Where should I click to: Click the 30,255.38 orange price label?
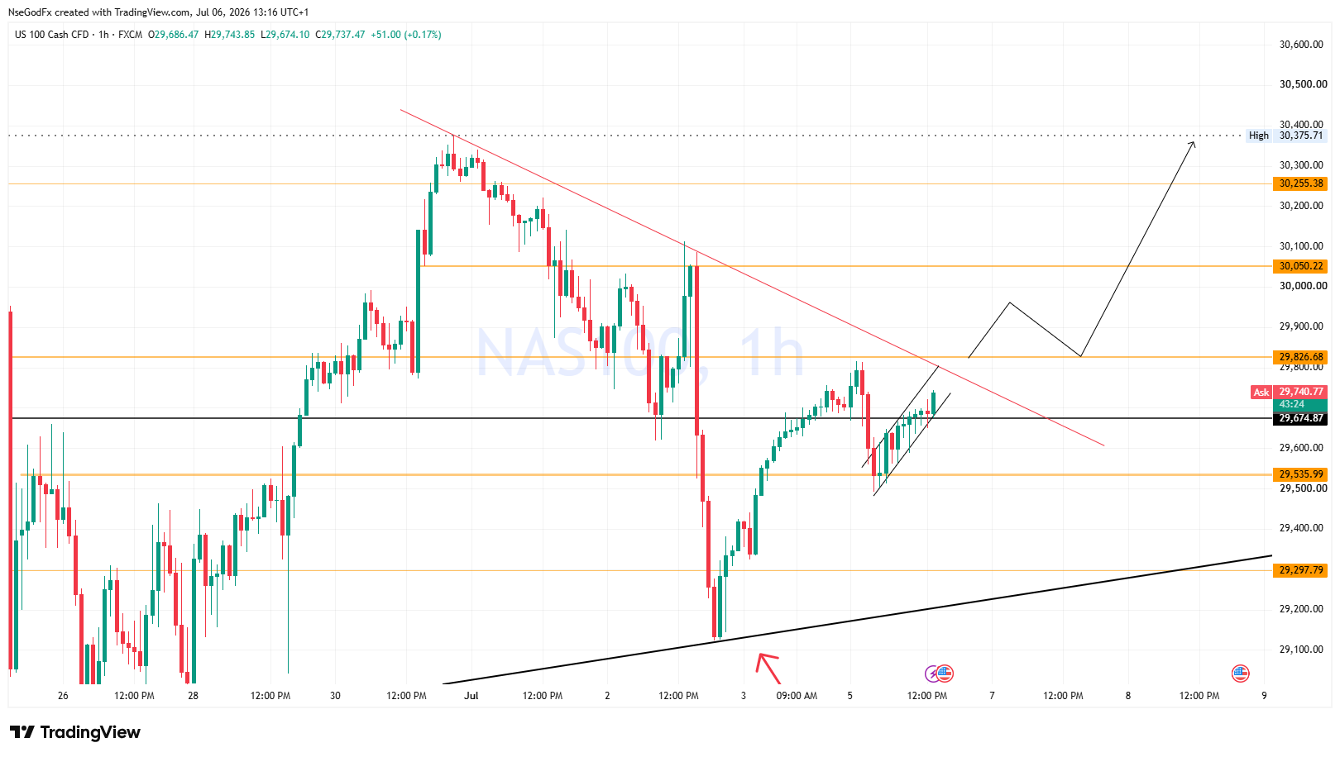[1300, 183]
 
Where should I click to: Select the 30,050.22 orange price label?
[1300, 266]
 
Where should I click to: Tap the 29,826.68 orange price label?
[1300, 357]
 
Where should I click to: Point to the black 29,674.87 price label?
[1300, 418]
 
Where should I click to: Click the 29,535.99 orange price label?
[1300, 474]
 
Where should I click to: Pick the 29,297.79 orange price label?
[1300, 570]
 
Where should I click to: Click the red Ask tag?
[1261, 392]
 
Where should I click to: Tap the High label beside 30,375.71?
[1259, 136]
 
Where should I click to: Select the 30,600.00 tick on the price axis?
[1301, 44]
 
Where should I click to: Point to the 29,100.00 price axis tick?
[1301, 650]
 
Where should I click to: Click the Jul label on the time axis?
[471, 696]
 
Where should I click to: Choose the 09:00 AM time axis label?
[797, 696]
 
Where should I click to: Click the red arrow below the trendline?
[768, 669]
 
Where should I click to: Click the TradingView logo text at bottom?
[89, 732]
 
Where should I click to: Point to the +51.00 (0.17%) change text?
[406, 35]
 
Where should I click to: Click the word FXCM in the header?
[131, 35]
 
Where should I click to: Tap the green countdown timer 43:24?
[1292, 404]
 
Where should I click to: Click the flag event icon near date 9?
[1241, 674]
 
